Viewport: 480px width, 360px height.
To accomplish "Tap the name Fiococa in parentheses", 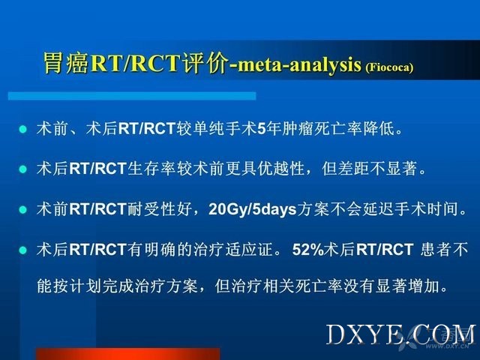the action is (x=389, y=67).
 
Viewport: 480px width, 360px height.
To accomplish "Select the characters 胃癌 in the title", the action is (x=66, y=63).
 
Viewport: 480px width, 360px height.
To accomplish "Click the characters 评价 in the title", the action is (x=205, y=63).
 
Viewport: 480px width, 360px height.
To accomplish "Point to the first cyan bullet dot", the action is (x=23, y=129).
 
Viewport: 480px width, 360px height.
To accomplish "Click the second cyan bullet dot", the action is (x=23, y=169).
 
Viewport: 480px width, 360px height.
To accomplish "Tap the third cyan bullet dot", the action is (x=23, y=210).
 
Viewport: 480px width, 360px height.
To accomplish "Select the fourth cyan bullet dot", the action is (x=23, y=250).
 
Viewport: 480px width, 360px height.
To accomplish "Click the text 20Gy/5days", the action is (x=253, y=210).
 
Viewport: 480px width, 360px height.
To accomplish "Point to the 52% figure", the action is (x=308, y=250).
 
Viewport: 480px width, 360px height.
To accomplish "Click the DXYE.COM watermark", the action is (x=401, y=335).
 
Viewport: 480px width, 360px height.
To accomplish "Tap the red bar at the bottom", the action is (x=128, y=354).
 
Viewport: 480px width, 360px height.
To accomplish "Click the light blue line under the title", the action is (x=132, y=96).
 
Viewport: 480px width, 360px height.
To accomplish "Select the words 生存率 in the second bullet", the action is (x=151, y=169).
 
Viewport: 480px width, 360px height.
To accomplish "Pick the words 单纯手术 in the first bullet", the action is (x=225, y=128).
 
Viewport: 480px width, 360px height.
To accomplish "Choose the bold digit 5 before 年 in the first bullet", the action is (x=261, y=129).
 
